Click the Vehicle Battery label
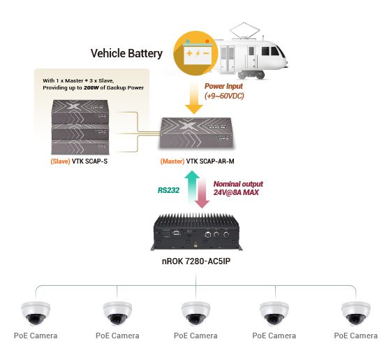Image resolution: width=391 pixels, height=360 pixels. tap(126, 53)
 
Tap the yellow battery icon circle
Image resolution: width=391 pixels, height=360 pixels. tap(195, 53)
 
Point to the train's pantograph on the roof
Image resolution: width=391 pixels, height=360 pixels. tap(244, 31)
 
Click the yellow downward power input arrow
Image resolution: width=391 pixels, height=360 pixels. tap(194, 98)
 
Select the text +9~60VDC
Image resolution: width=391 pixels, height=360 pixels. tap(224, 96)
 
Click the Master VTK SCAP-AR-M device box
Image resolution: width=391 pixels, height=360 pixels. tap(196, 133)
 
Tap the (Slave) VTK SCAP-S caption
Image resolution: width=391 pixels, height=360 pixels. tap(79, 161)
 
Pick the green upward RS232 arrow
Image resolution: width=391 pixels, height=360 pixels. tap(192, 187)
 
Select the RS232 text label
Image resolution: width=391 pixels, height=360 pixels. tap(168, 190)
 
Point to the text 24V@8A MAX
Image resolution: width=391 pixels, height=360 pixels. tap(236, 192)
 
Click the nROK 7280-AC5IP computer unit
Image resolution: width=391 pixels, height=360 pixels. tap(196, 231)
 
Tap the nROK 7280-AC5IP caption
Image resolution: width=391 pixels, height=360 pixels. tap(196, 261)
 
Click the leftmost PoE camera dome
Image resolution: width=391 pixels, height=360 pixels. tap(36, 314)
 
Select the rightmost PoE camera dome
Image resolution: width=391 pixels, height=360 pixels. tap(356, 314)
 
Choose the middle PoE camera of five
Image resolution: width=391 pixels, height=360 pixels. tap(195, 314)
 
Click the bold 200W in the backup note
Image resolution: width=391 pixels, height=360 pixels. tap(91, 87)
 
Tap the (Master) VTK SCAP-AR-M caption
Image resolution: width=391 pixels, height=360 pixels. tap(197, 161)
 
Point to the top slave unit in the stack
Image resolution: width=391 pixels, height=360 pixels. tap(80, 111)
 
